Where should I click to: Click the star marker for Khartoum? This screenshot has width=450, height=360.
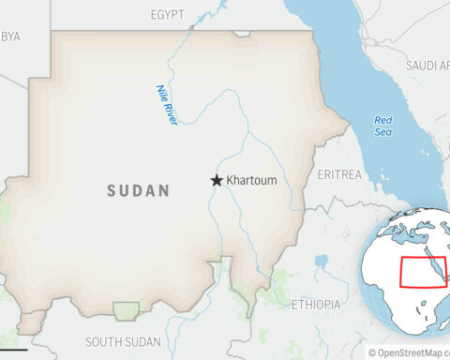217,180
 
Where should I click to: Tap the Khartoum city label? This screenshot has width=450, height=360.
251,180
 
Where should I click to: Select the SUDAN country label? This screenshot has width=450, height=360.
138,190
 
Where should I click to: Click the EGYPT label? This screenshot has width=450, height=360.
168,15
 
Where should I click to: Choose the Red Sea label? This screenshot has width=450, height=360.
382,126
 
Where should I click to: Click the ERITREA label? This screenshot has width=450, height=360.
338,174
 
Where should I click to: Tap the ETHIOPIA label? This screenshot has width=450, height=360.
315,305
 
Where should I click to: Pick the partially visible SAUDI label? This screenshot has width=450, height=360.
427,66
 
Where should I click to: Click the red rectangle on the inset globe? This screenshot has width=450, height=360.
424,272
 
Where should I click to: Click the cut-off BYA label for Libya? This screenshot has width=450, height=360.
11,37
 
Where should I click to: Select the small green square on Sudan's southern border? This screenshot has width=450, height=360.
126,309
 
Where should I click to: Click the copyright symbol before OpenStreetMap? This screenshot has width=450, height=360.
371,352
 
